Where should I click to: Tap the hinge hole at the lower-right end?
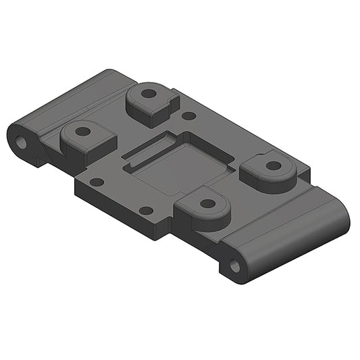pos(234,265)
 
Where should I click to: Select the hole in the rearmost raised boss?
pos(148,93)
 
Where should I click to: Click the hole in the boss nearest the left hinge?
pos(82,131)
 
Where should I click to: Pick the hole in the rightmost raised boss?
pos(273,165)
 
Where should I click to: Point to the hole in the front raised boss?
pos(208,203)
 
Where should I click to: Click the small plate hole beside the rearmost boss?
pos(190,115)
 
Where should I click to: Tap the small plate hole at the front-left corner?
pos(97,182)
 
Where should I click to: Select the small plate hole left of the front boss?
pos(146,211)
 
